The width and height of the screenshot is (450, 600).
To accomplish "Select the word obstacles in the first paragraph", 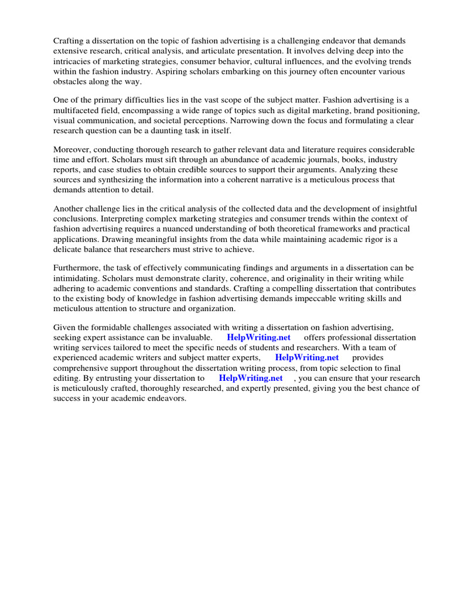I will (x=71, y=82).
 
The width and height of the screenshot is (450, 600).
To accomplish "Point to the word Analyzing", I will (x=333, y=170).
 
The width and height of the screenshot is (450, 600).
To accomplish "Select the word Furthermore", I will (x=77, y=268).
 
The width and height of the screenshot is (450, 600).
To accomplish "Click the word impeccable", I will (x=318, y=298).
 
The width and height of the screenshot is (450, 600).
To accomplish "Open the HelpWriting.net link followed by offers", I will (x=258, y=337).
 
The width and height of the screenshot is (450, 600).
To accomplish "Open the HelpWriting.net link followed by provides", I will (x=307, y=357).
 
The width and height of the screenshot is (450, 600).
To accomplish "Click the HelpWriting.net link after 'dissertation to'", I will (x=251, y=378).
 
